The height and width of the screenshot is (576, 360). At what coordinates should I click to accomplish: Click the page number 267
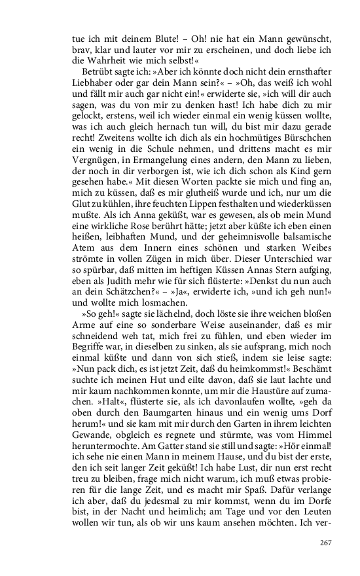pos(326,542)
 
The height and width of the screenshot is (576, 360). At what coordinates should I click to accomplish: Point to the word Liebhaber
pos(92,80)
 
